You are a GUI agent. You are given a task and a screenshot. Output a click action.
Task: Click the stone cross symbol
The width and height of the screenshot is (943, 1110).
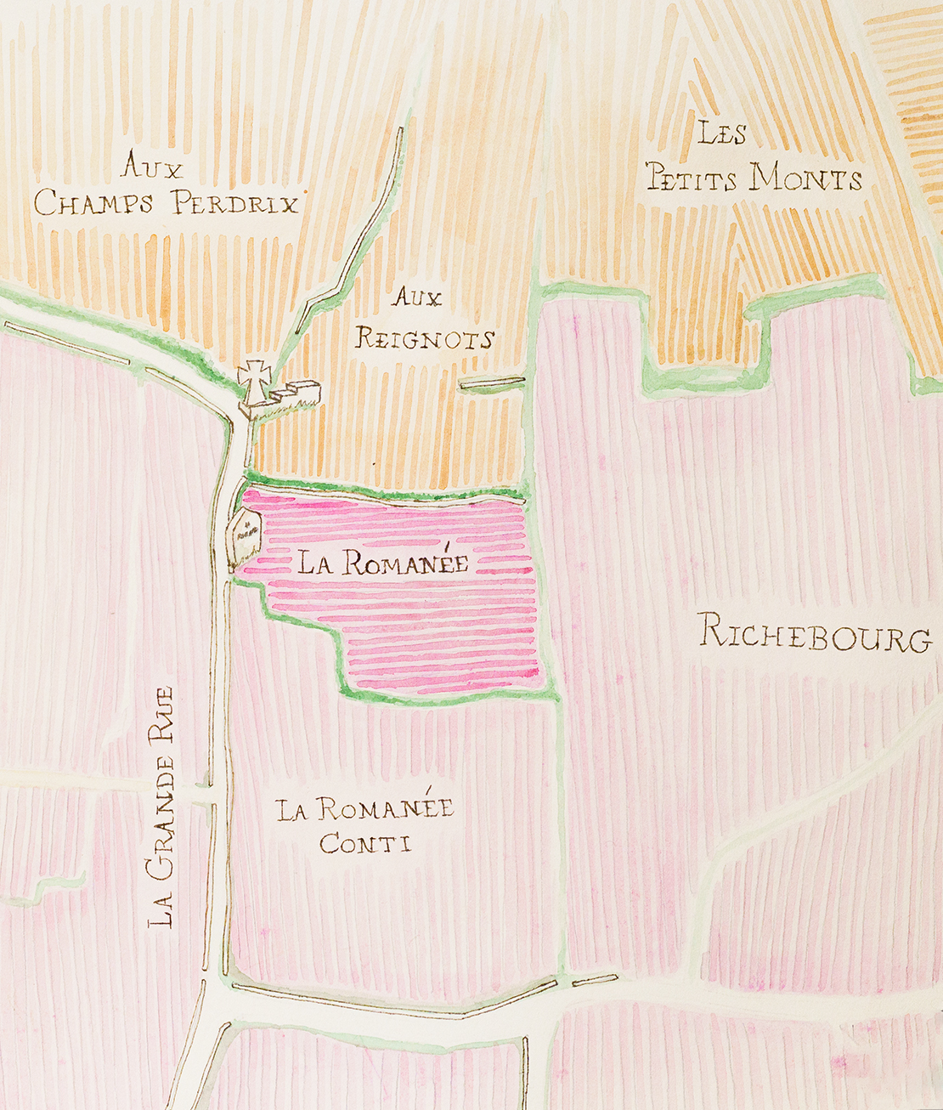pyautogui.click(x=253, y=380)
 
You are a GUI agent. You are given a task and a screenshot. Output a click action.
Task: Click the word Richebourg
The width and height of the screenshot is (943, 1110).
pyautogui.click(x=814, y=634)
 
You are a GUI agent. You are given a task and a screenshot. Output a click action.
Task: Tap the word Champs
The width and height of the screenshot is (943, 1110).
pyautogui.click(x=94, y=203)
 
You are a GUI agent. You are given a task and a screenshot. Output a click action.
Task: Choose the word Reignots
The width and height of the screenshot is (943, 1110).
pyautogui.click(x=424, y=339)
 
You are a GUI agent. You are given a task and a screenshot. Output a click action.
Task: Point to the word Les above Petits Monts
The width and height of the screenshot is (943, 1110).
pyautogui.click(x=721, y=133)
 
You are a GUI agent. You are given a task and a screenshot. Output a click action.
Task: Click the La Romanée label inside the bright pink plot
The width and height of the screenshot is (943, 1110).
pyautogui.click(x=383, y=562)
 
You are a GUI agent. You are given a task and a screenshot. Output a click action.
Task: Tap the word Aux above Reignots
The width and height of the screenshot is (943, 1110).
pyautogui.click(x=417, y=297)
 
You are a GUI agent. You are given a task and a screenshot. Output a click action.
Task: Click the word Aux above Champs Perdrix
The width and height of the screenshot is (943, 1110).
pyautogui.click(x=152, y=166)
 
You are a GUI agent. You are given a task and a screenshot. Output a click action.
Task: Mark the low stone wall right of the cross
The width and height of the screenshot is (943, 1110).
pyautogui.click(x=296, y=397)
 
